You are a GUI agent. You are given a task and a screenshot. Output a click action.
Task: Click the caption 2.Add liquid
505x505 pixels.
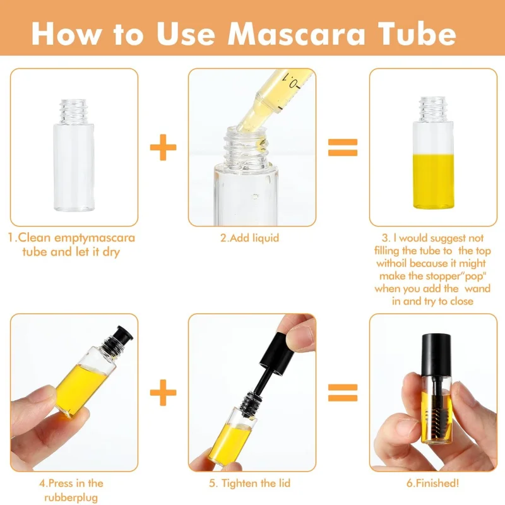click(x=249, y=238)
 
